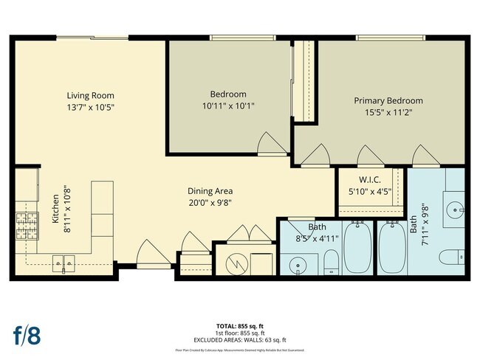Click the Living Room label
click(90, 95)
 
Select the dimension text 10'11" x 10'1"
click(228, 105)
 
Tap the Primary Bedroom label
click(388, 100)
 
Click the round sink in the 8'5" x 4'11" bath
click(298, 263)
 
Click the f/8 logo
click(27, 334)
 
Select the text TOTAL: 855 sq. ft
click(240, 325)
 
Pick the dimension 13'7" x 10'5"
click(90, 107)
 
